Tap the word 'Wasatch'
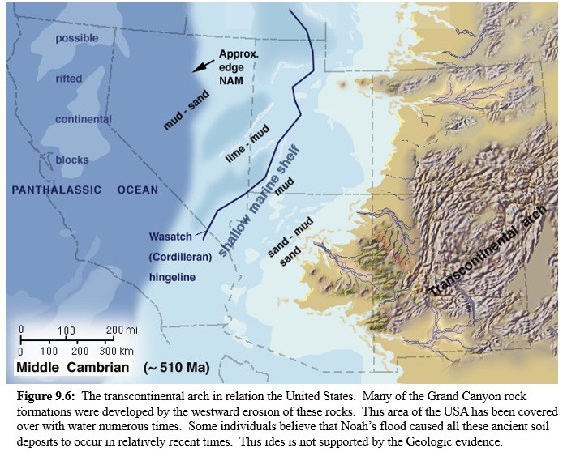(169, 237)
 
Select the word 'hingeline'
(173, 276)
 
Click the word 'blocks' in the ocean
(72, 160)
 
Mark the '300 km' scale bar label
(117, 351)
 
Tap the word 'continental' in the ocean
(84, 119)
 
